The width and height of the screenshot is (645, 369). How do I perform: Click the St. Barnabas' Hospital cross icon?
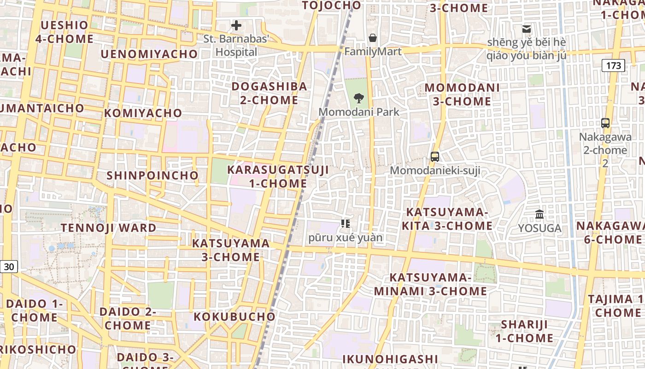coord(236,25)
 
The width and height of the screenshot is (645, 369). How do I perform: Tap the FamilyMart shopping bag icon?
coord(372,37)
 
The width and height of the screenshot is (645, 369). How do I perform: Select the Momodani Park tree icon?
coord(358,98)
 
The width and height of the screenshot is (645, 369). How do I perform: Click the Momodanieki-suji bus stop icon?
coord(434,156)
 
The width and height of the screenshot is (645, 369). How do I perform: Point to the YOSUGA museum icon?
coord(539,214)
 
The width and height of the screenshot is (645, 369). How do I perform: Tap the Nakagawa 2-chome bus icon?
coord(605,123)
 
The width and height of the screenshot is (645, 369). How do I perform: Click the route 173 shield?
coord(613,65)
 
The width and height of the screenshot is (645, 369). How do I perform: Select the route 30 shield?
coord(9,266)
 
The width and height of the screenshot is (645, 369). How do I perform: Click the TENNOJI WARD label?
coord(109,228)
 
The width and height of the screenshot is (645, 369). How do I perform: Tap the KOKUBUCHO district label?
coord(234,317)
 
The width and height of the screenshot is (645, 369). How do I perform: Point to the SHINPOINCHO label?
coord(152,176)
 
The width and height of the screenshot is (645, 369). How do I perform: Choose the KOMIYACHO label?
coord(143,113)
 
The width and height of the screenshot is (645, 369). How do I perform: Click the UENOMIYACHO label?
coord(149,54)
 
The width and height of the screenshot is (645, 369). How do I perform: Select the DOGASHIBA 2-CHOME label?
coord(269,93)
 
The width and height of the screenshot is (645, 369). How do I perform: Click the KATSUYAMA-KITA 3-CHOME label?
coord(447,219)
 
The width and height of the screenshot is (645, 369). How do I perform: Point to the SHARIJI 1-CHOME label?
coord(524,331)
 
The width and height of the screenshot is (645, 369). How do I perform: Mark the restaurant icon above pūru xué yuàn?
coord(345,224)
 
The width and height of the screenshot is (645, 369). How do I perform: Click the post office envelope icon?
coord(527,29)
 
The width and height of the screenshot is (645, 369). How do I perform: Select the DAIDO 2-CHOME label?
coord(128,318)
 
